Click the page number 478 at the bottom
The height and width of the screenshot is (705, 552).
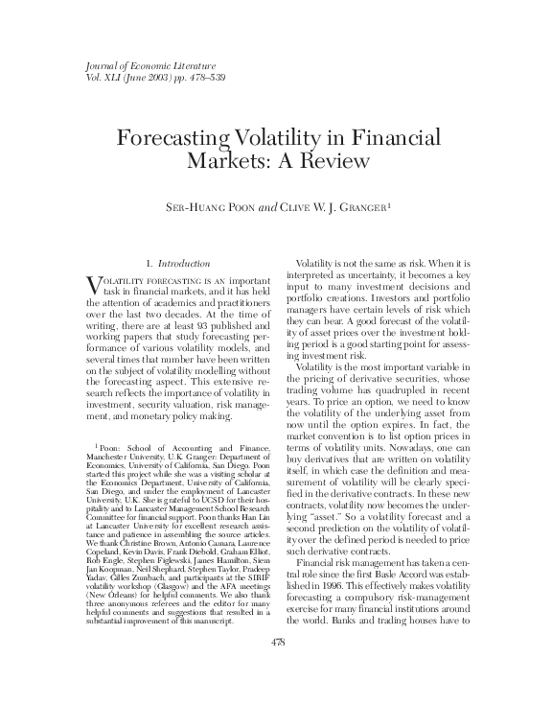(276, 669)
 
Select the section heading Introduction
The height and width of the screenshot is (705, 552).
(176, 262)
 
